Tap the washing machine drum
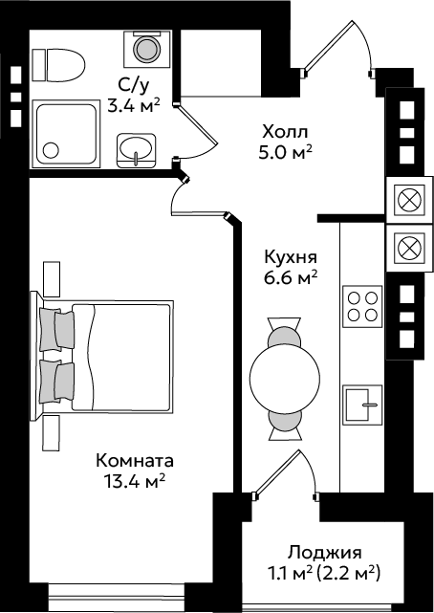click(x=147, y=49)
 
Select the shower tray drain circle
click(x=51, y=150)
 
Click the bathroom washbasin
click(x=136, y=150)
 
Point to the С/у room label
click(x=133, y=85)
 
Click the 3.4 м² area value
click(x=134, y=105)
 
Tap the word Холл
click(x=285, y=132)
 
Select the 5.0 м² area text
click(x=285, y=152)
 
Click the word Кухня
click(x=291, y=257)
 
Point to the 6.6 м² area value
click(x=291, y=278)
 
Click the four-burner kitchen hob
click(x=362, y=306)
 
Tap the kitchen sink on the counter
click(x=362, y=405)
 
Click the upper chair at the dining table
click(x=284, y=332)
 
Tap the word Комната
click(x=135, y=461)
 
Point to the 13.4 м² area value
click(x=134, y=481)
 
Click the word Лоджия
click(x=325, y=553)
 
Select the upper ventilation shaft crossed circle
click(x=409, y=200)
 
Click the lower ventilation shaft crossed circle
click(x=409, y=248)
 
